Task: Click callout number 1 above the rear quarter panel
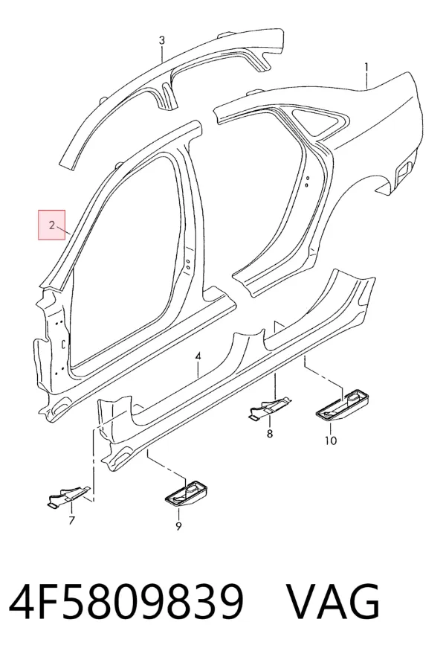[x=366, y=67]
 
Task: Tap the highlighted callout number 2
[x=51, y=225]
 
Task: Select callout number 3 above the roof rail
[x=161, y=41]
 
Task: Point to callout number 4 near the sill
[x=198, y=356]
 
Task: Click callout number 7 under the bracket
[x=71, y=520]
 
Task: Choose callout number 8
[x=269, y=434]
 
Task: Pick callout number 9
[x=178, y=526]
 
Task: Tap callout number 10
[x=331, y=440]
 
